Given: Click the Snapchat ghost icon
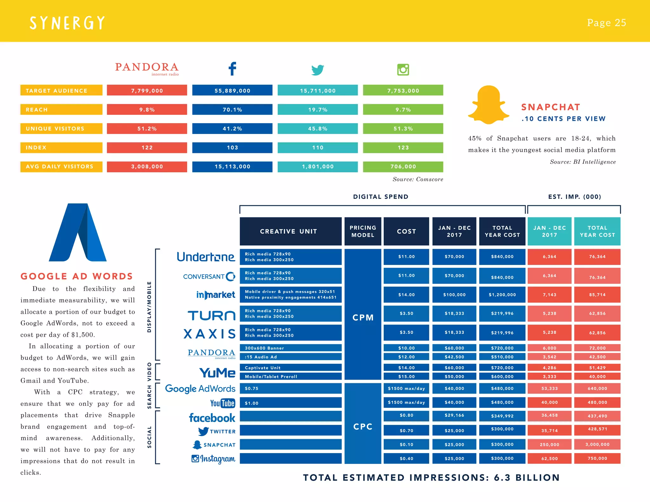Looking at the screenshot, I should (488, 105).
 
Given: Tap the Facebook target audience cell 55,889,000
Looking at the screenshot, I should (232, 90).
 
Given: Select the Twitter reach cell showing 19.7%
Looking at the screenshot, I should (318, 109).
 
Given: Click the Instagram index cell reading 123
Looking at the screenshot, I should (403, 148).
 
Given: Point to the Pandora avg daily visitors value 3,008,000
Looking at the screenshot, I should (147, 167).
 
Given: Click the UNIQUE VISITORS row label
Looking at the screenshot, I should (61, 129).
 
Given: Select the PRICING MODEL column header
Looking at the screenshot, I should (363, 231).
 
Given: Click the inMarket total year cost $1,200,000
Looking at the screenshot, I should (502, 295).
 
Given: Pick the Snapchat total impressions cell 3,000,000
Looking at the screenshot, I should (597, 445).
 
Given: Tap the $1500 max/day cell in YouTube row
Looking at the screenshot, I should (406, 402).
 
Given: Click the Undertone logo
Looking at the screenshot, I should (206, 257).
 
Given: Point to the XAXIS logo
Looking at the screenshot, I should (209, 334).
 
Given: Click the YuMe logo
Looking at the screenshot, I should (217, 373).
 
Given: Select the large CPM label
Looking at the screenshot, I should (363, 318).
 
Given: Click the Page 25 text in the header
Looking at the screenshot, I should (606, 23).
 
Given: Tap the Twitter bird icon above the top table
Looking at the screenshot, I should (318, 70).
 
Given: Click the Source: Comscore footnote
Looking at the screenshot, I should (418, 179).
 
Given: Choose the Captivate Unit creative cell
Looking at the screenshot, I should (290, 368).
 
